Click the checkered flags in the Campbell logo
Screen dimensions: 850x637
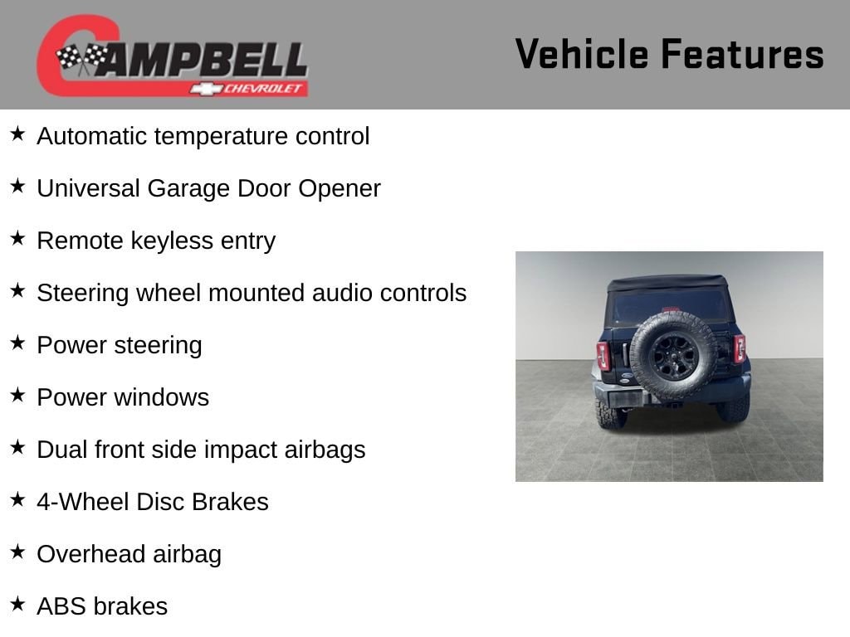82,57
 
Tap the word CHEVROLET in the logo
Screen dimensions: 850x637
262,88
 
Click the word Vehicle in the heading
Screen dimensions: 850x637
582,54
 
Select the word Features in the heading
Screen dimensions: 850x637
743,54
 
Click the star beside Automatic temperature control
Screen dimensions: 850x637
17,134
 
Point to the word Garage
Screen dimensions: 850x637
188,189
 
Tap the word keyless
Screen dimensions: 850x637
172,241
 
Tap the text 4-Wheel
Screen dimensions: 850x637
83,502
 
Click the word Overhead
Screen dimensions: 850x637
90,554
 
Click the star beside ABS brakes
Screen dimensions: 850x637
17,604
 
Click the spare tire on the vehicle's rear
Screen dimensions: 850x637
673,355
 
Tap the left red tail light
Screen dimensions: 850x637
603,356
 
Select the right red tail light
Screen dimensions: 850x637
740,349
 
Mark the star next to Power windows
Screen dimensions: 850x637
17,395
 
